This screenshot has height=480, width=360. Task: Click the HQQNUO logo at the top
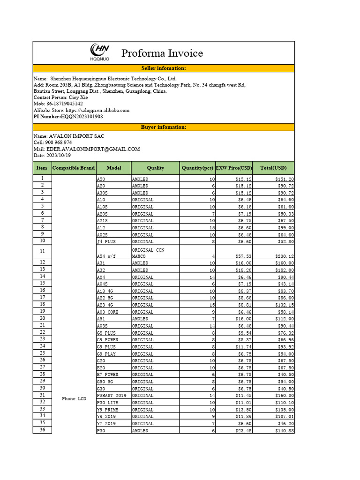[99, 52]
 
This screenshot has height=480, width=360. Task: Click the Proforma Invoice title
[162, 53]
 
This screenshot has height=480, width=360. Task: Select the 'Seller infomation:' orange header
[164, 68]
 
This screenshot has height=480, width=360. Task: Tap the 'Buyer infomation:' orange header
[164, 127]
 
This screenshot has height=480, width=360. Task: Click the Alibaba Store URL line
[81, 110]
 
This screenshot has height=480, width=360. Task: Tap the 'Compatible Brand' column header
[74, 168]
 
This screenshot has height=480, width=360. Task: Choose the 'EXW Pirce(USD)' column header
[233, 168]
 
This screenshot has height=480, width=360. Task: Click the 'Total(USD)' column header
[273, 168]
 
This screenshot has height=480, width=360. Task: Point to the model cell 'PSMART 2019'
[111, 396]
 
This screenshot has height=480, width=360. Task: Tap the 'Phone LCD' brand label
[74, 399]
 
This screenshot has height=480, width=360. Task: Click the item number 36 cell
[42, 430]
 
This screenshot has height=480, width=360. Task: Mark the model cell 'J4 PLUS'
[106, 242]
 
